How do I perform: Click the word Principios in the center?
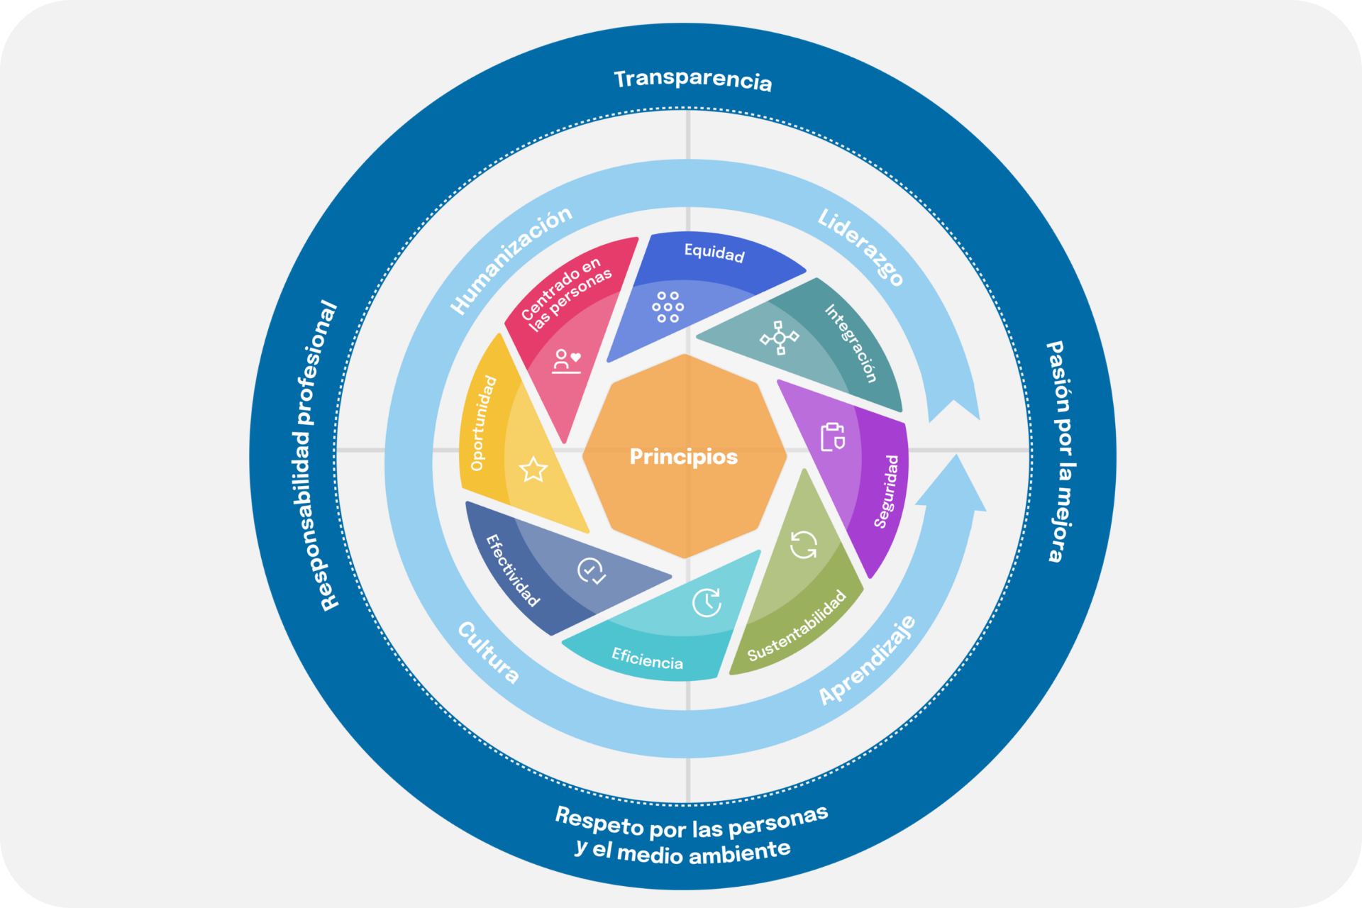[683, 456]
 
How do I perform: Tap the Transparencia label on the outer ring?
[692, 79]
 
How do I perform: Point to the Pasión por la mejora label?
[1061, 451]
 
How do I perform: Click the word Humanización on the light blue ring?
[511, 260]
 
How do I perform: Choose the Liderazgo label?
[860, 246]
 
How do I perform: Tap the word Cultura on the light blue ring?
[488, 652]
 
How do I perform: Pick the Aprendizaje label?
[868, 660]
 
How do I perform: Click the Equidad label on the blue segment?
[714, 253]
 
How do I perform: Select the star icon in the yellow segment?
[533, 469]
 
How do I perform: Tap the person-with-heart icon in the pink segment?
[567, 361]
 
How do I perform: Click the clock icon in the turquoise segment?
[707, 602]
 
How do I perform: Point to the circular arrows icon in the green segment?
[803, 545]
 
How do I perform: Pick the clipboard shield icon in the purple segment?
[832, 437]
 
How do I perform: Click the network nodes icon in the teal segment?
[779, 338]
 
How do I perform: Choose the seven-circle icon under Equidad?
[668, 307]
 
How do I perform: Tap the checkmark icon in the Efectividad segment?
[591, 570]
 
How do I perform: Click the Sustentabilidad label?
[797, 625]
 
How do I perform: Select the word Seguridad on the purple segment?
[887, 491]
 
